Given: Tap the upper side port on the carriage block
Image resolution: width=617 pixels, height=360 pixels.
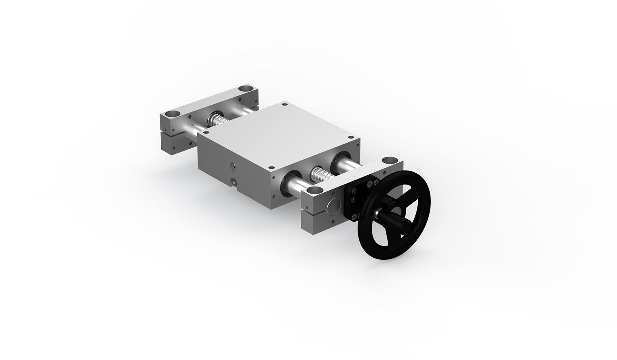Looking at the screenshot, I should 234,166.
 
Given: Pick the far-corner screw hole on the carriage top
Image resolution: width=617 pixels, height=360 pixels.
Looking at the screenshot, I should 283,104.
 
